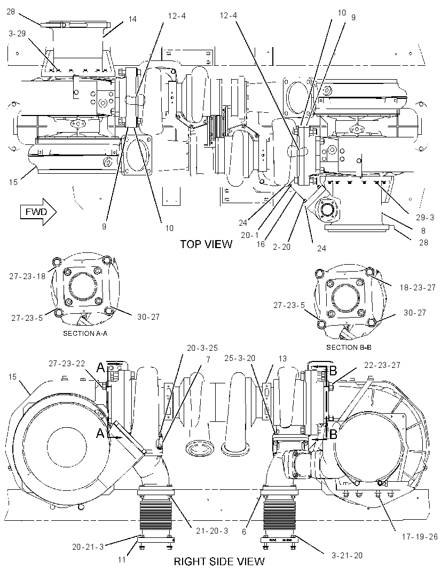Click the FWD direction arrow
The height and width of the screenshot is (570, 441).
pos(38,212)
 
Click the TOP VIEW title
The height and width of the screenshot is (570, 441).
pos(206,244)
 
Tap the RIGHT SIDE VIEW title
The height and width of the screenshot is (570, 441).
pos(219,561)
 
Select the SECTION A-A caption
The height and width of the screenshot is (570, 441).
pos(85,333)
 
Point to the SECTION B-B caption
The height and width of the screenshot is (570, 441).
pos(349,347)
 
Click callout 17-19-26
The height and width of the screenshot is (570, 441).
pos(419,536)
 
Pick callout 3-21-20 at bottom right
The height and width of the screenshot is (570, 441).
pos(347,555)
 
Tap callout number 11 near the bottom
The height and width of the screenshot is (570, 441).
pos(122,559)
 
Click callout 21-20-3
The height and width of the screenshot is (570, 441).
pos(212,531)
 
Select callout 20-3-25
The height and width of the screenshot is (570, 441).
pos(202,348)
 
